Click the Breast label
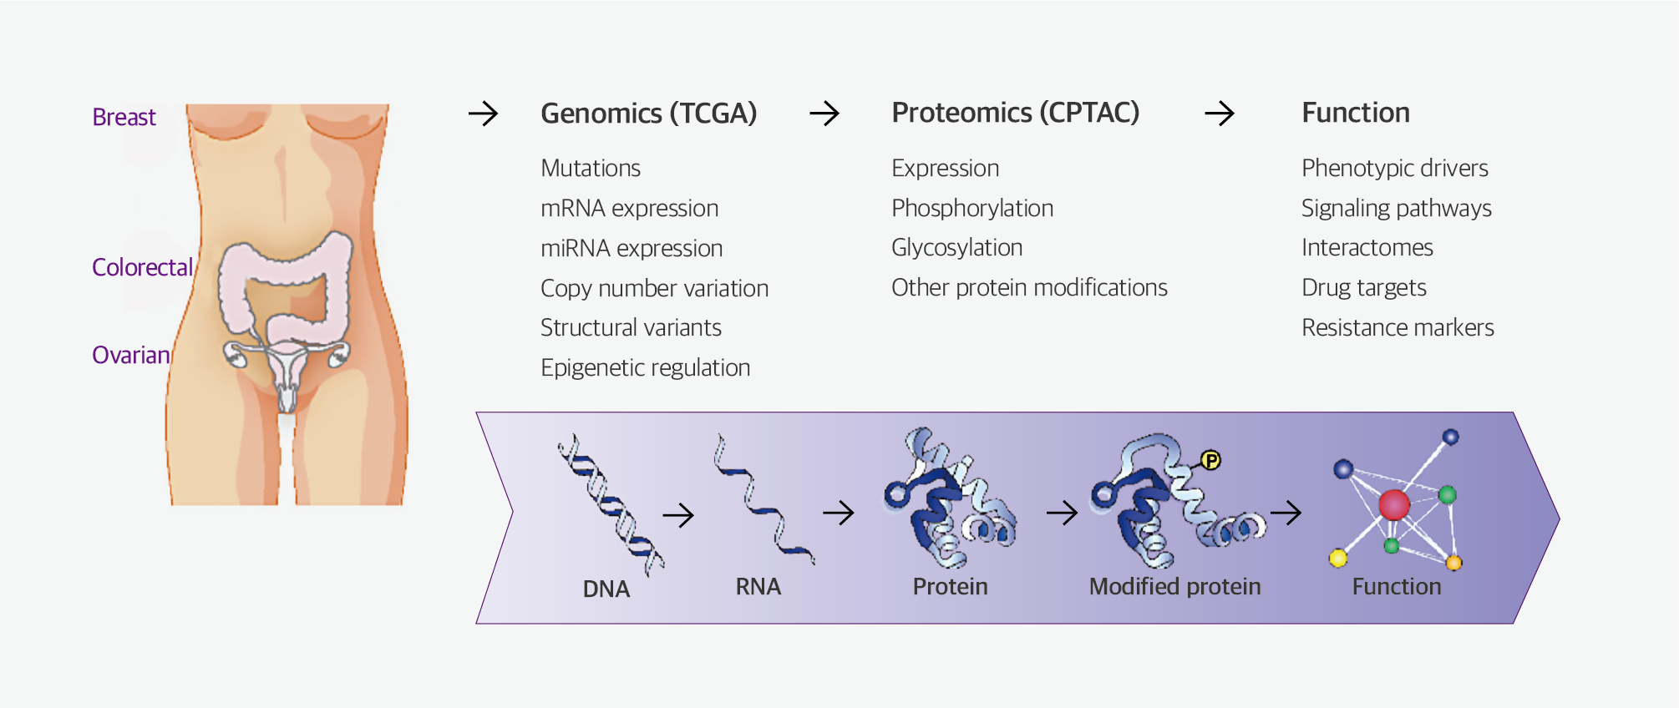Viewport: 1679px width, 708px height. pyautogui.click(x=124, y=117)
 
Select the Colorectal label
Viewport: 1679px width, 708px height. pyautogui.click(x=142, y=267)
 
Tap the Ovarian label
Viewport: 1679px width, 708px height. pyautogui.click(x=131, y=355)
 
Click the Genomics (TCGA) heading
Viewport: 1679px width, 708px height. pyautogui.click(x=648, y=113)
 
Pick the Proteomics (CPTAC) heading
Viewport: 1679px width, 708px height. pyautogui.click(x=1015, y=113)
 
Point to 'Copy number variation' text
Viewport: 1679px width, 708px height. pyautogui.click(x=654, y=288)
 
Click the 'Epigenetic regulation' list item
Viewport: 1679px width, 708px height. pyautogui.click(x=645, y=367)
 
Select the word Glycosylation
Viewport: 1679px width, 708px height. pyautogui.click(x=956, y=248)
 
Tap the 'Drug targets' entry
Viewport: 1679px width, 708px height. pyautogui.click(x=1363, y=288)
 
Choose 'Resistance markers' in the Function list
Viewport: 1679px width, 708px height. pyautogui.click(x=1397, y=327)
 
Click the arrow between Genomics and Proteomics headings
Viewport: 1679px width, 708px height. pyautogui.click(x=824, y=114)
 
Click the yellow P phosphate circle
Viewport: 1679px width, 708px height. pyautogui.click(x=1210, y=460)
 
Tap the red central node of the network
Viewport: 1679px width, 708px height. pyautogui.click(x=1394, y=504)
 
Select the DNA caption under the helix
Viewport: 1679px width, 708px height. pyautogui.click(x=606, y=589)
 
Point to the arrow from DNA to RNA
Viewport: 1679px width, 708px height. pyautogui.click(x=678, y=515)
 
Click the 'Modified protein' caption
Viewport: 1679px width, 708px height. pyautogui.click(x=1174, y=587)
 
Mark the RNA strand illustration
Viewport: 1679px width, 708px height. pyautogui.click(x=762, y=501)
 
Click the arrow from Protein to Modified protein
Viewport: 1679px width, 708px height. pyautogui.click(x=1062, y=512)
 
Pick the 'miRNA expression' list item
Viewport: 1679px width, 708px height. pyautogui.click(x=632, y=248)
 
